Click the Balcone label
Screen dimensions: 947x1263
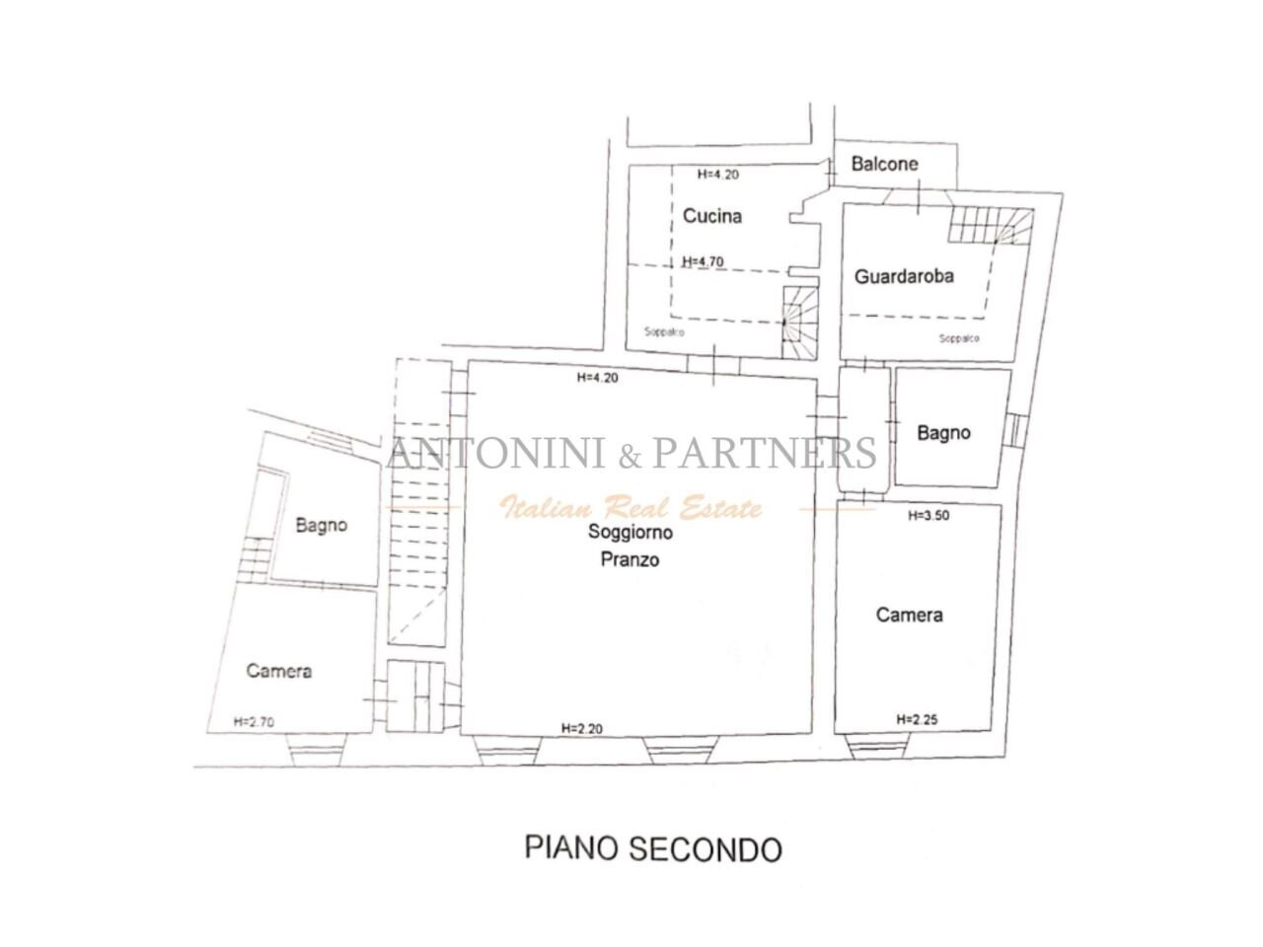click(884, 164)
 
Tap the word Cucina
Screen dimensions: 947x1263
click(711, 216)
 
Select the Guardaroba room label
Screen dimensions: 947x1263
click(904, 276)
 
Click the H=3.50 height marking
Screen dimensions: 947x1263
click(929, 515)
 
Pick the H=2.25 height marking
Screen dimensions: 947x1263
click(917, 719)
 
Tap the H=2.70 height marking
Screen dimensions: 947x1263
click(254, 721)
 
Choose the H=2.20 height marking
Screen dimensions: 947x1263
click(581, 729)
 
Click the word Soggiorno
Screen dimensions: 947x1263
click(631, 533)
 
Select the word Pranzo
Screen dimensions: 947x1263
click(630, 559)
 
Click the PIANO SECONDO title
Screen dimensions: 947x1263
click(653, 848)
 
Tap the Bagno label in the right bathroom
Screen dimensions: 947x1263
click(943, 432)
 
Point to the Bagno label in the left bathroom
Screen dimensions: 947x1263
click(322, 525)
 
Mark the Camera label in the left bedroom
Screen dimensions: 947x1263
click(279, 671)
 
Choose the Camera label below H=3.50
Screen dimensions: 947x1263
click(909, 615)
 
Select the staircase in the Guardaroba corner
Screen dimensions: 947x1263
click(992, 227)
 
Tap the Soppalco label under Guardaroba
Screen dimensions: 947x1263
click(959, 338)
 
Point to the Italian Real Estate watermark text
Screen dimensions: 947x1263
click(631, 509)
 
